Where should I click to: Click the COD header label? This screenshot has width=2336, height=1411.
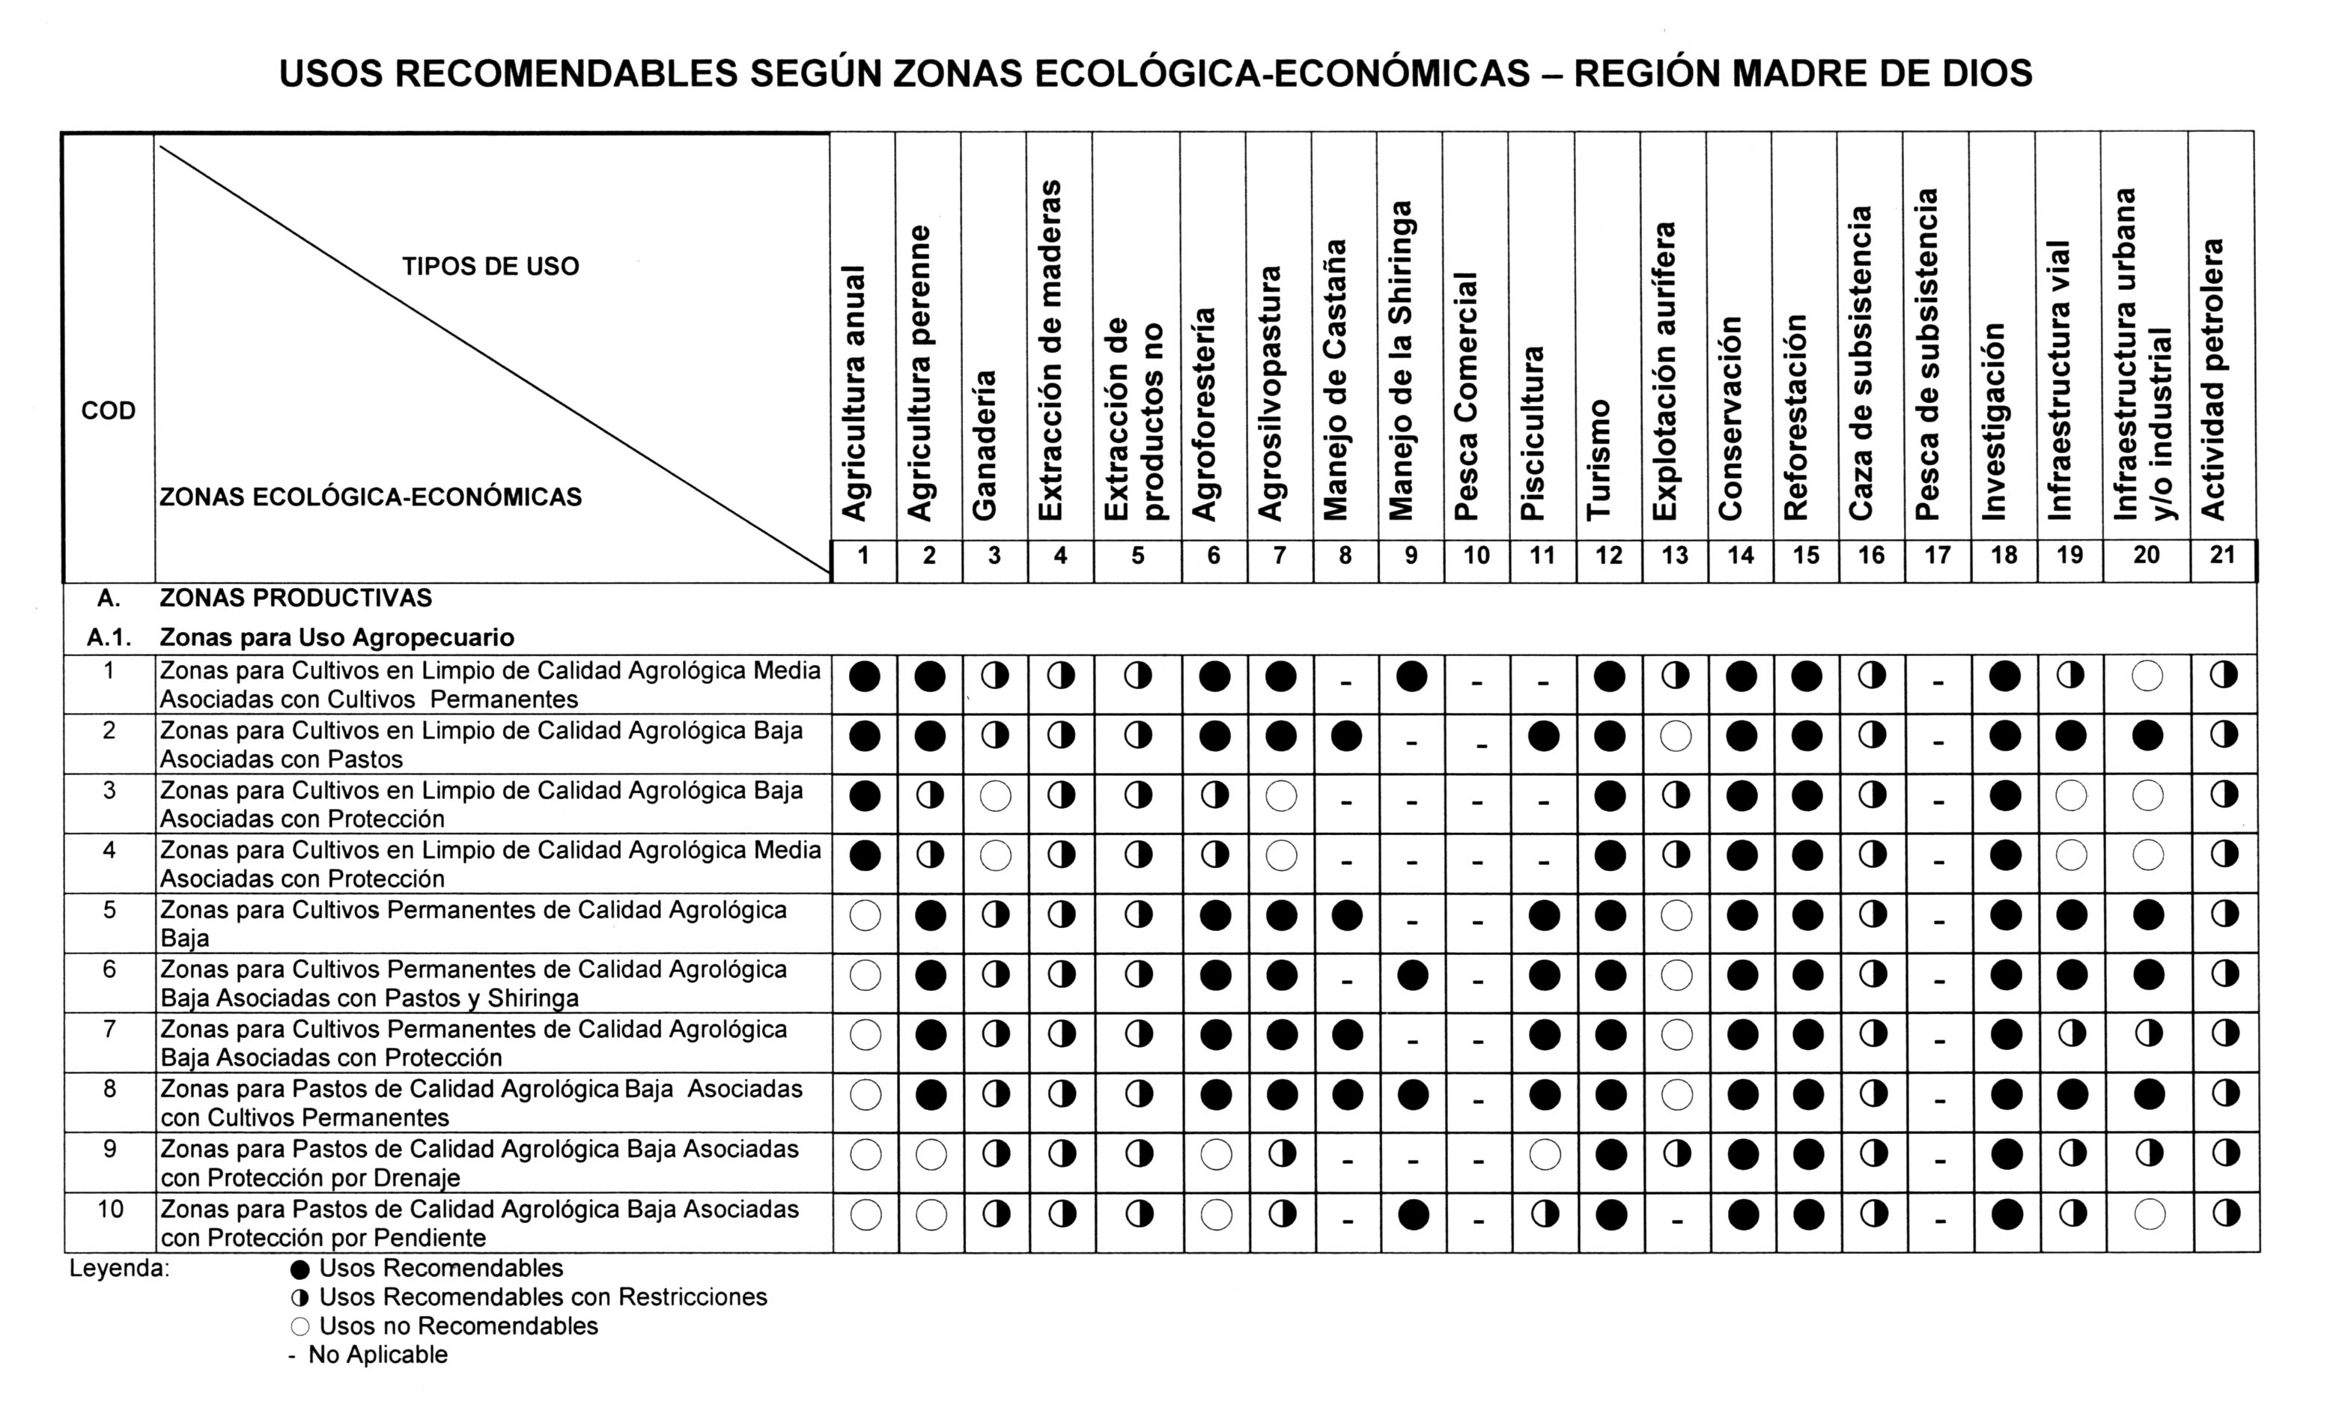click(x=108, y=410)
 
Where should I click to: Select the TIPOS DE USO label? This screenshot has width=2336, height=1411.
click(x=490, y=267)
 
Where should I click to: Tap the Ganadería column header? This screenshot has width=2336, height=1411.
click(x=985, y=445)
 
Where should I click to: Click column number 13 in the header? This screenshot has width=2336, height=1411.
click(x=1674, y=556)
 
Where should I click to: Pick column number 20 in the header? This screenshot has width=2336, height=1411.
click(x=2147, y=556)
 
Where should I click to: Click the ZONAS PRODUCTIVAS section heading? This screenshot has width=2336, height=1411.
click(x=295, y=598)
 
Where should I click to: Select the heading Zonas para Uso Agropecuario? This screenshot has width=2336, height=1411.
click(x=337, y=637)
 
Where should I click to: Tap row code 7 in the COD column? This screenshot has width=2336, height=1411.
click(x=109, y=1029)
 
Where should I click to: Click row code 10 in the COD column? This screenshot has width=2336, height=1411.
click(x=110, y=1209)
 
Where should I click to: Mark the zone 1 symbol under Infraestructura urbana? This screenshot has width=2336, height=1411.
click(x=2147, y=676)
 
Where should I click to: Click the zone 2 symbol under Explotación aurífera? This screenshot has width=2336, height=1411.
click(x=1675, y=736)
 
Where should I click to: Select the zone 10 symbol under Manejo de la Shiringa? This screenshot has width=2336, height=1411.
click(x=1413, y=1215)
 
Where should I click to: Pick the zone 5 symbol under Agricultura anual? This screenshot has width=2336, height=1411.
click(x=865, y=915)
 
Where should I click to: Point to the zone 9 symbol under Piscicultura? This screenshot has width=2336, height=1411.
click(x=1545, y=1154)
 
